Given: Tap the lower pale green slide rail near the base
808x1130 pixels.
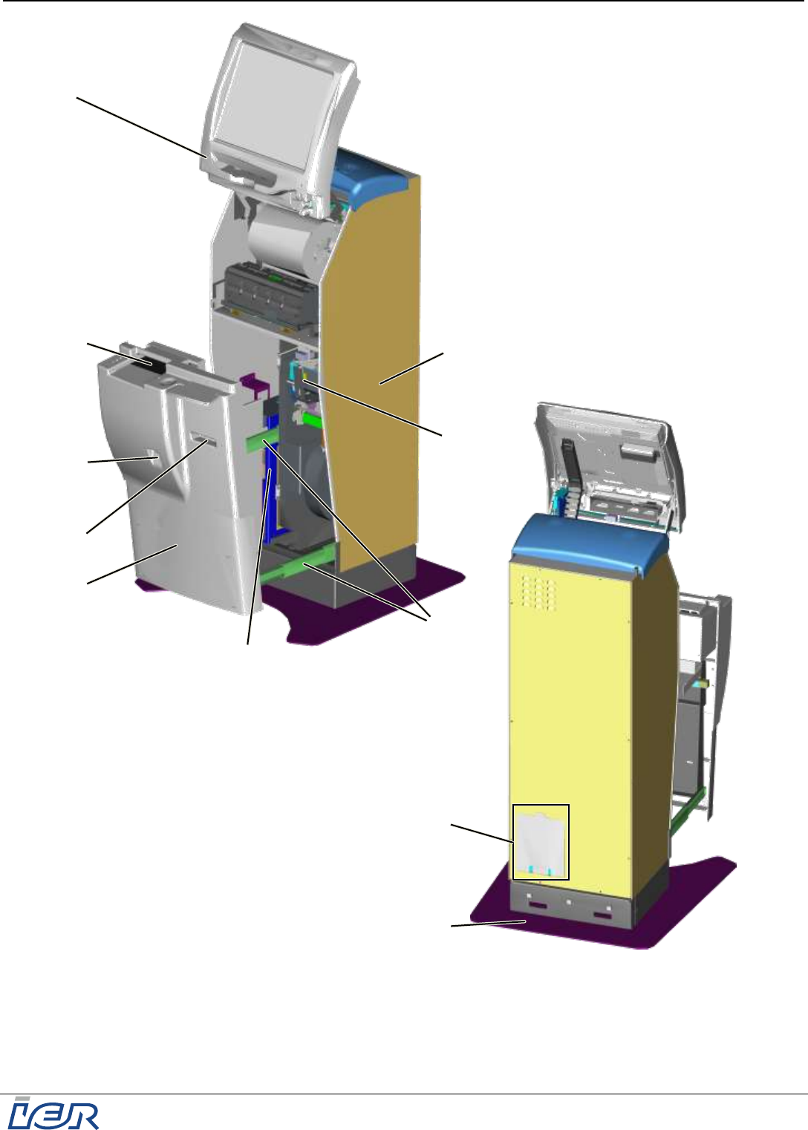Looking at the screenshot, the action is click(x=298, y=565).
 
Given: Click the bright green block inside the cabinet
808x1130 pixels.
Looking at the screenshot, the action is click(x=312, y=419).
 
